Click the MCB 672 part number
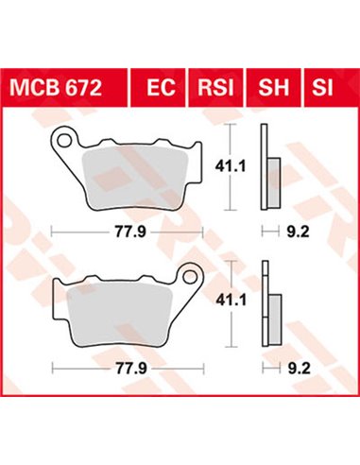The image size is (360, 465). (x=64, y=91)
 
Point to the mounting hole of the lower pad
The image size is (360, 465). (x=187, y=279)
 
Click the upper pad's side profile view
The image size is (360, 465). (x=272, y=176)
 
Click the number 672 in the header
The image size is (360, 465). (x=85, y=91)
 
